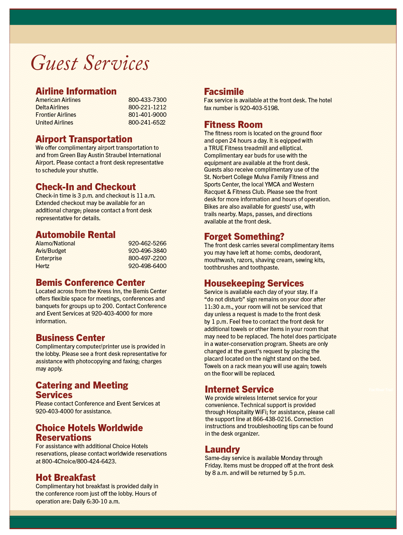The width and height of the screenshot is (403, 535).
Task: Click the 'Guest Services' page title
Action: [90, 63]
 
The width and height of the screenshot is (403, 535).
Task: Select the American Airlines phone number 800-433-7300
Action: [147, 100]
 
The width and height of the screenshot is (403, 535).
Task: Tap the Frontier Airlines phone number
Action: [147, 115]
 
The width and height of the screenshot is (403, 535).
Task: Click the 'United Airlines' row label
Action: [54, 123]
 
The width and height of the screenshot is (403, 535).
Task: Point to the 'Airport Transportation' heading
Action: [84, 139]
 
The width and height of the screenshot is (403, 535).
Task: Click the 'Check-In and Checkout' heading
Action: [86, 187]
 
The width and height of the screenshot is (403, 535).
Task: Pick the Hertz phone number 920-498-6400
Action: [147, 266]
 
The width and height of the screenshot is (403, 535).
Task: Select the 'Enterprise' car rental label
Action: [49, 258]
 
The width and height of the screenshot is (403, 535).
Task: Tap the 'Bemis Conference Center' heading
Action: [90, 283]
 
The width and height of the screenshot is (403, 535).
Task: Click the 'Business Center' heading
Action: [70, 338]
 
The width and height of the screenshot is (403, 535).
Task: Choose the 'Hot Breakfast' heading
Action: [66, 478]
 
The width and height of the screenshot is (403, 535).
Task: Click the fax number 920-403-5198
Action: [258, 108]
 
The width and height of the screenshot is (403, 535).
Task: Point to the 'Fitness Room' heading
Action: [233, 125]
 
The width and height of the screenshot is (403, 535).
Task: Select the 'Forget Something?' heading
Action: [244, 237]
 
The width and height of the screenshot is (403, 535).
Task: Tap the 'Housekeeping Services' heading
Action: [254, 283]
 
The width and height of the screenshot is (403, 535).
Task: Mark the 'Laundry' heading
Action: [222, 449]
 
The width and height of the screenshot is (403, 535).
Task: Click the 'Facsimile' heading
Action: [224, 92]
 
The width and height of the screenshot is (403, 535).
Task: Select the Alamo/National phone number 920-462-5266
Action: [147, 244]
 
